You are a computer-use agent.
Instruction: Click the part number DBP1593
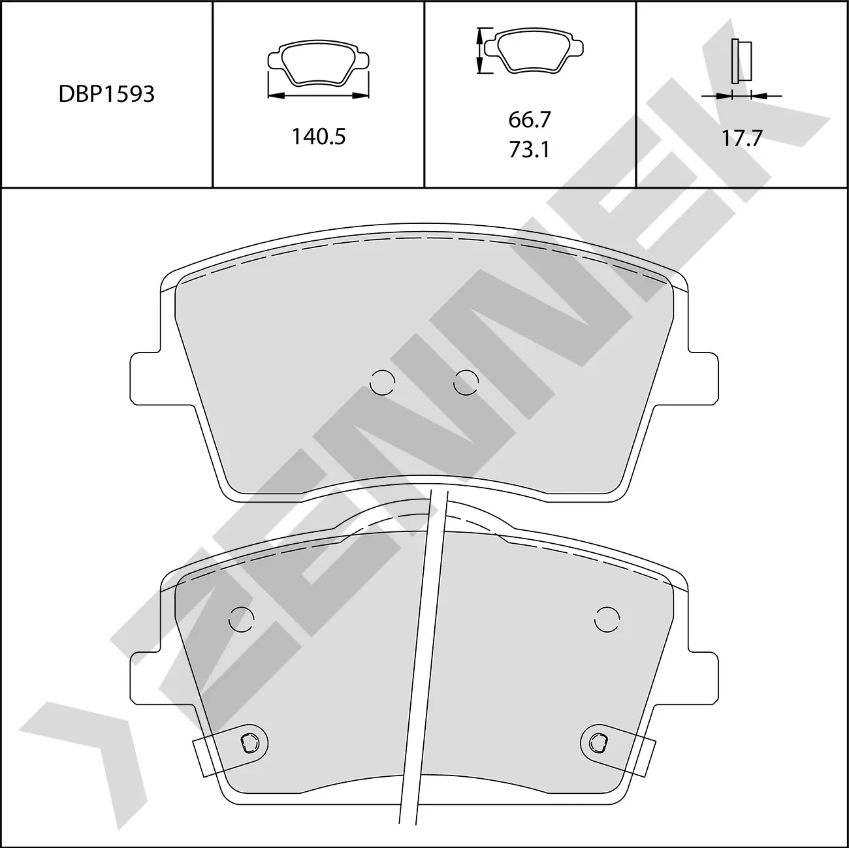106,95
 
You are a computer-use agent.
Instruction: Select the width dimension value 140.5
318,136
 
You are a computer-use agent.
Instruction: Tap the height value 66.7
530,119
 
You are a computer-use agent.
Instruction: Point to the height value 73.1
530,150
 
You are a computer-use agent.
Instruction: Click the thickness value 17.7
741,138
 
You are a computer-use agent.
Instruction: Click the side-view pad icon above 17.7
741,61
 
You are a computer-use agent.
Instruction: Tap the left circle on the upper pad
382,383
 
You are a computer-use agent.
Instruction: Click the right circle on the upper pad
466,383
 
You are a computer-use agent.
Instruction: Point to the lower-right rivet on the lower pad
597,741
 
